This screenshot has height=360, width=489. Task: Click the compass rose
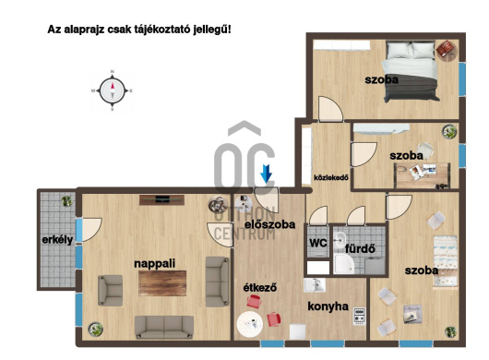click(x=113, y=90)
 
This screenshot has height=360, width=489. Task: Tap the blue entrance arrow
click(x=266, y=174)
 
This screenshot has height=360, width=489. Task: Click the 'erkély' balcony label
click(x=57, y=240)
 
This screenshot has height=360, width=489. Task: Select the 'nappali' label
click(x=155, y=264)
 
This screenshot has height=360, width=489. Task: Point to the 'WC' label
click(x=318, y=243)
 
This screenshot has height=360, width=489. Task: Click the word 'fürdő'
click(x=360, y=248)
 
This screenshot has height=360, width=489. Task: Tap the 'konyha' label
click(x=328, y=306)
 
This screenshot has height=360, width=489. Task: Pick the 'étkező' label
click(x=260, y=287)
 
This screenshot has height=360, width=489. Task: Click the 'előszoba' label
click(x=269, y=224)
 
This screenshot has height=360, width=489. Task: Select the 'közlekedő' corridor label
click(x=331, y=178)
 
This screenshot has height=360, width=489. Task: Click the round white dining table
click(x=249, y=324)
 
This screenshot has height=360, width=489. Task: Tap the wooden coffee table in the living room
click(x=162, y=283)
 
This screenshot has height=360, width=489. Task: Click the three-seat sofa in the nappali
click(x=164, y=328)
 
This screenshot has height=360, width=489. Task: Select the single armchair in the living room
click(x=110, y=290)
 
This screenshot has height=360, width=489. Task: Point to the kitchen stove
click(x=359, y=317)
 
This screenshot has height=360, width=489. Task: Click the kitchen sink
click(x=315, y=285)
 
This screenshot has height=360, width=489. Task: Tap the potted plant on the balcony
click(x=66, y=201)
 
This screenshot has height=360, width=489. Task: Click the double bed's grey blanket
click(x=411, y=90)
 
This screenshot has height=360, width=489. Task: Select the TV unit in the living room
click(x=161, y=200)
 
